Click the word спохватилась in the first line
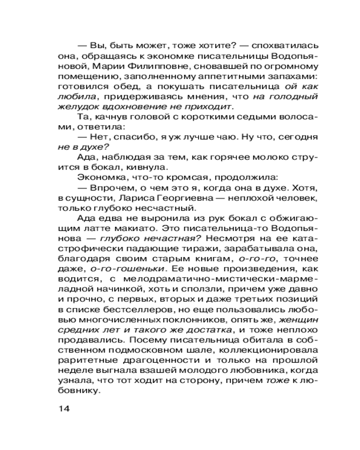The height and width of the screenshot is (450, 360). tap(279, 46)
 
